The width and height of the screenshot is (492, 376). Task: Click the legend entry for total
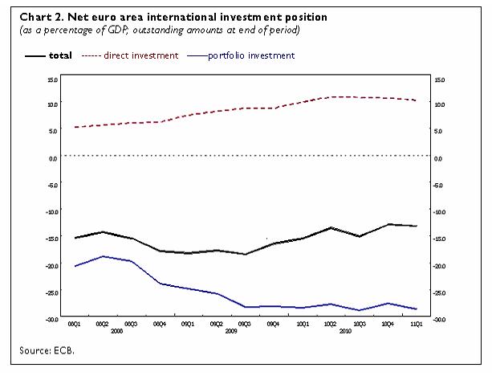tap(59, 55)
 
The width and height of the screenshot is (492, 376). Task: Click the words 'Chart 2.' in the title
tap(42, 16)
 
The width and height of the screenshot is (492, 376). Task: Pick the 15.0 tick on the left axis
tap(52, 80)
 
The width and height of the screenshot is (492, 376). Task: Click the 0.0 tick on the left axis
tap(53, 157)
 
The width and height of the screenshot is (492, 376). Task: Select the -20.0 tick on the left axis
tap(52, 266)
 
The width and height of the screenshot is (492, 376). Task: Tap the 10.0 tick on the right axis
tap(439, 104)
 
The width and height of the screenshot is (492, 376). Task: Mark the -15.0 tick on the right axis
tap(439, 239)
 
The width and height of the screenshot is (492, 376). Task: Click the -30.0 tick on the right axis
tap(439, 320)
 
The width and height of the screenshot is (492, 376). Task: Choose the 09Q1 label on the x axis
tap(187, 324)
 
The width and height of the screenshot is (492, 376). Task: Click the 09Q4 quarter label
tap(273, 324)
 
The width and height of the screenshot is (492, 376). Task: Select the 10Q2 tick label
tap(330, 324)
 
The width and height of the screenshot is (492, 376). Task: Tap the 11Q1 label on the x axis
tap(416, 324)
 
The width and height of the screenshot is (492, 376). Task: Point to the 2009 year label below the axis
tap(230, 331)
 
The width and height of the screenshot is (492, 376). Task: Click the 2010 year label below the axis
tap(345, 331)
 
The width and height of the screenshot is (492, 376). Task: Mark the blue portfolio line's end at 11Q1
tap(416, 309)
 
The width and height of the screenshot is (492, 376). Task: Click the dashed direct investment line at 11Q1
tap(416, 100)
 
